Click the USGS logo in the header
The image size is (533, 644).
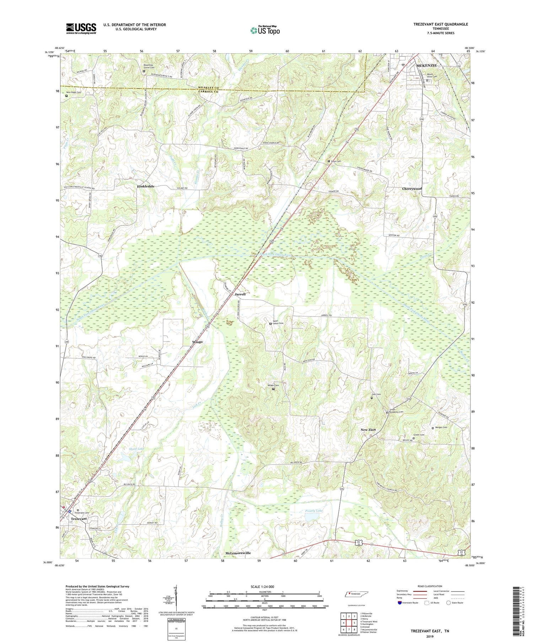[81, 28]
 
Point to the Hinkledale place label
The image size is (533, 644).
[146, 186]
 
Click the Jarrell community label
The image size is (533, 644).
[240, 294]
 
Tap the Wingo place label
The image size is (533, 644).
[197, 342]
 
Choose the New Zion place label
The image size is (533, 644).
[368, 430]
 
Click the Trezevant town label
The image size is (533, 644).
[79, 519]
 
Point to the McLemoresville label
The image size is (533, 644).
[238, 553]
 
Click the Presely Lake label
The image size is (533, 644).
[314, 511]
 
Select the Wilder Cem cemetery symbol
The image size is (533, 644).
[273, 389]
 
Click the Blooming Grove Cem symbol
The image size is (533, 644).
[144, 71]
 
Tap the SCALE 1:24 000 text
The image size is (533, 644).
[265, 586]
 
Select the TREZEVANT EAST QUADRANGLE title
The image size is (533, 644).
[441, 24]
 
